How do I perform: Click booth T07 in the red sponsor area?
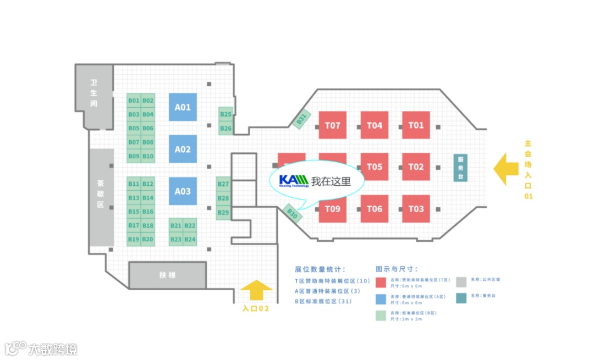pos(333,125)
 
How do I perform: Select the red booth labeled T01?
pos(416,125)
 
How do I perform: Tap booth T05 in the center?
pos(374,167)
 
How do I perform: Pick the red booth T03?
pos(416,209)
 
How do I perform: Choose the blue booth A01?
pos(183,107)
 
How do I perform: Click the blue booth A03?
pos(183,191)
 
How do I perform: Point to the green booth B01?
pos(134,101)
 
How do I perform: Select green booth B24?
pos(190,240)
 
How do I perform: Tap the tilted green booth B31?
pos(301,119)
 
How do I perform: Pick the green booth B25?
pos(226,114)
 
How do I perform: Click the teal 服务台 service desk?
pos(461,167)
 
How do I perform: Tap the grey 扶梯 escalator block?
pos(167,275)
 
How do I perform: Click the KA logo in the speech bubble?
pos(293,181)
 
